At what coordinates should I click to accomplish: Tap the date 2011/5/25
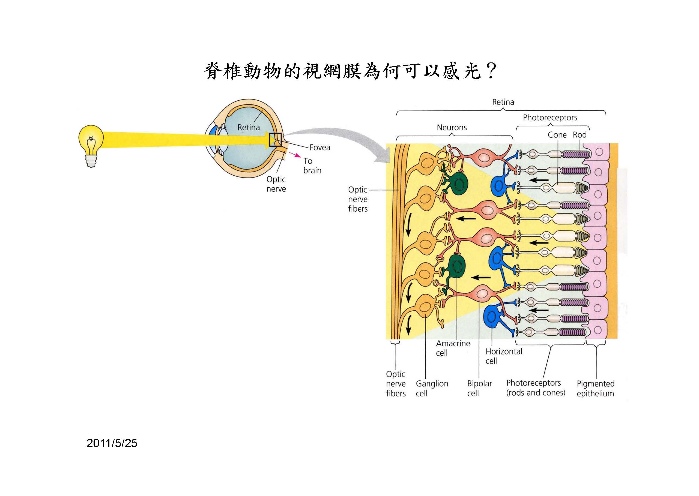point(112,443)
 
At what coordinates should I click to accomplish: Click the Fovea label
point(319,148)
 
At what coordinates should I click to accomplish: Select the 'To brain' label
point(312,166)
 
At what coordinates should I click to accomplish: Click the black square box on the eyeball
point(275,140)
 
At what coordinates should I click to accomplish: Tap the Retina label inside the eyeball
point(248,127)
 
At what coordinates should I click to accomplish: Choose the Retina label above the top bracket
point(503,102)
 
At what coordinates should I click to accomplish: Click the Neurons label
point(452,127)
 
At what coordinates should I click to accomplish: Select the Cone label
point(557,135)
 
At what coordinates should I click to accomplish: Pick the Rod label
point(579,135)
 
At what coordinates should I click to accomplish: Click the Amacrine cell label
point(453,348)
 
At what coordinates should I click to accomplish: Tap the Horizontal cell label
point(504,356)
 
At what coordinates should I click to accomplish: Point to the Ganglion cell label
point(432,388)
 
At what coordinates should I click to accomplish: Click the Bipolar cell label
point(479,388)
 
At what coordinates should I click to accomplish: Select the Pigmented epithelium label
point(595,388)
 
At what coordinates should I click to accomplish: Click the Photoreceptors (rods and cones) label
point(536,387)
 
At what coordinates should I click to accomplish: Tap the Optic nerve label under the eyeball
point(276,184)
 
